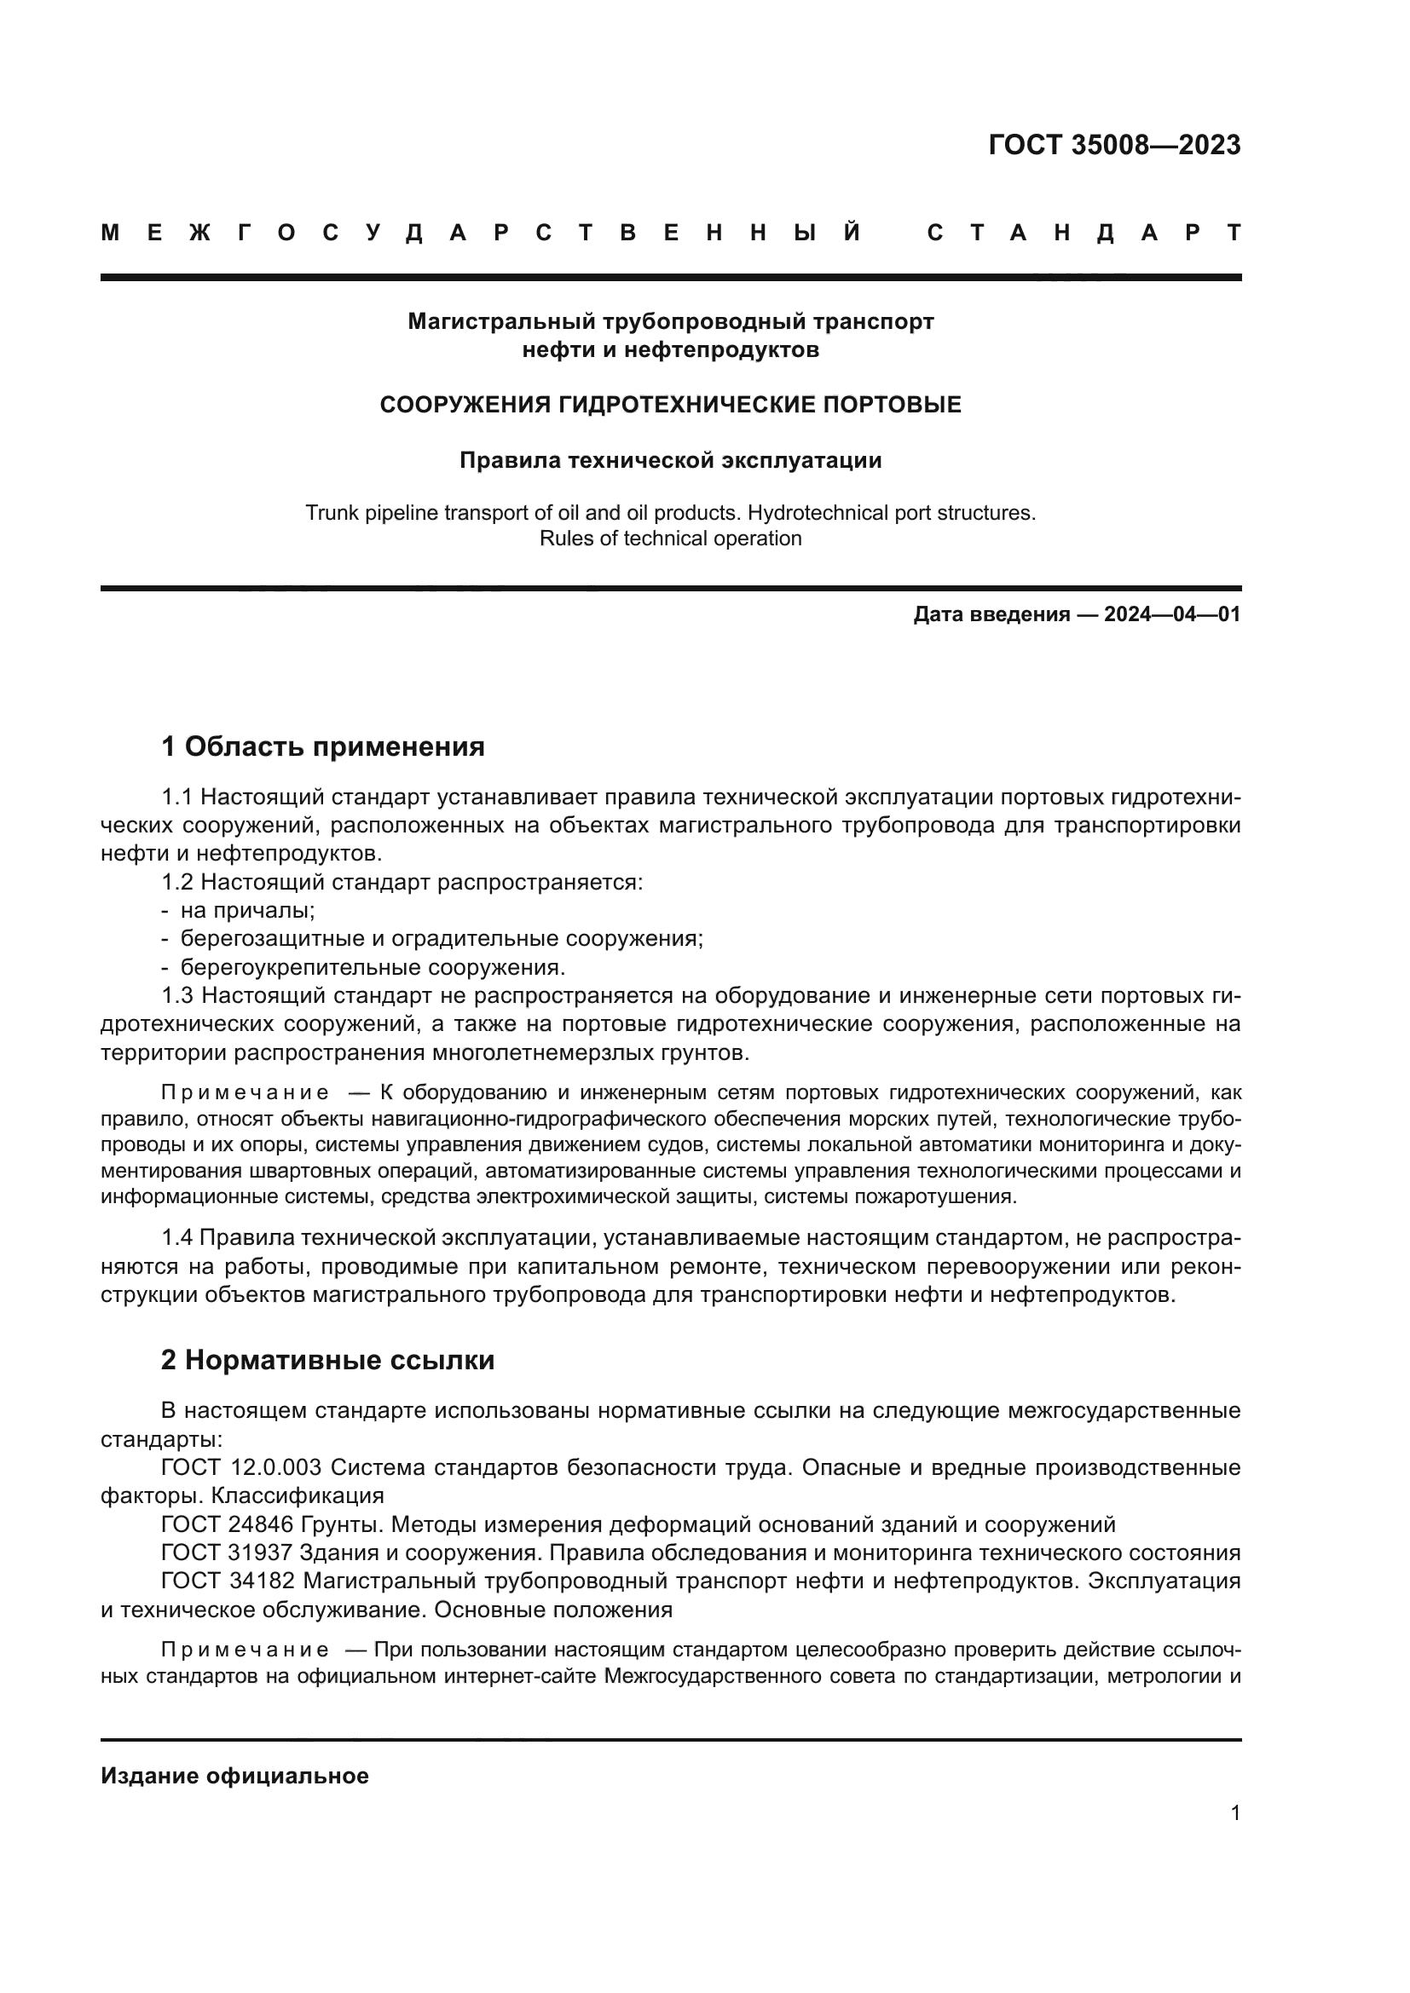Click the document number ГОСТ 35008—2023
pos(1114,145)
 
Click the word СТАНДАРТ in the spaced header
pos(1084,233)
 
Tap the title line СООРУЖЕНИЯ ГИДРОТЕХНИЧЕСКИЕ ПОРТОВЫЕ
pos(670,405)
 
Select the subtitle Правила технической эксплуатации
pos(670,460)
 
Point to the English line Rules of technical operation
pos(670,539)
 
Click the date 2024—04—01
pos(1171,614)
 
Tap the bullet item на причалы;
pos(246,911)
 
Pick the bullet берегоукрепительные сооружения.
pos(373,967)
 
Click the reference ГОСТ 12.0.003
pos(241,1468)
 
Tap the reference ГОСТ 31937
pos(228,1553)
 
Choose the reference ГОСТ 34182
pos(228,1581)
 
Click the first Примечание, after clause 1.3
pos(245,1092)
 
